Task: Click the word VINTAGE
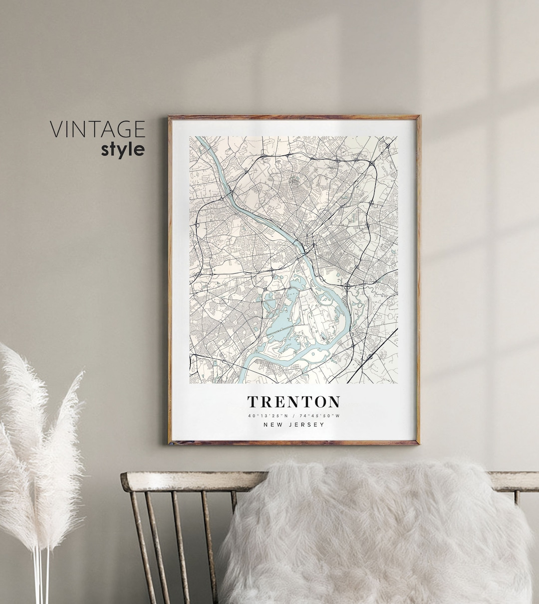(x=97, y=129)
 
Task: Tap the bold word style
(x=123, y=149)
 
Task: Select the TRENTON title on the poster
(x=293, y=402)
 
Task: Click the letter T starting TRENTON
(x=253, y=402)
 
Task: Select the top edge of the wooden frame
(x=293, y=118)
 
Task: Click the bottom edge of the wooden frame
(x=293, y=442)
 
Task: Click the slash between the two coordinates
(x=294, y=416)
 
